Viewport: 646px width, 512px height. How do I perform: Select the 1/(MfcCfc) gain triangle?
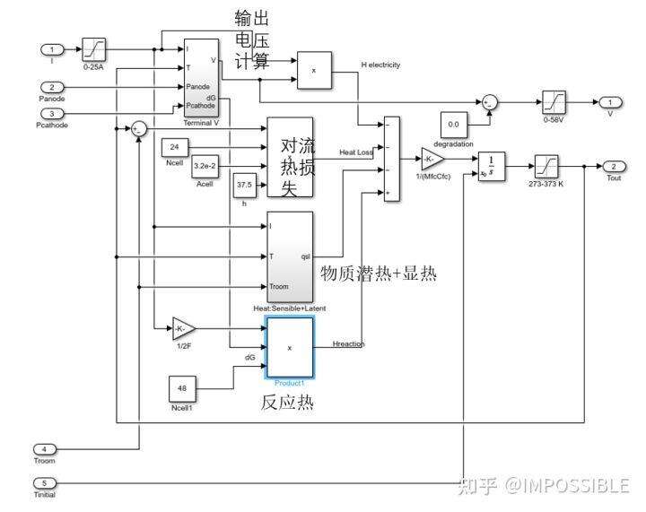point(432,161)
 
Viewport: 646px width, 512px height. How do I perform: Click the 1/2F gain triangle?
point(184,330)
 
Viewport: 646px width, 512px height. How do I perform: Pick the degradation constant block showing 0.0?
point(453,125)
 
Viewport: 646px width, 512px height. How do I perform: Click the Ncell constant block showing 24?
point(174,146)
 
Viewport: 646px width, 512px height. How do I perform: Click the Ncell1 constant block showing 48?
point(182,390)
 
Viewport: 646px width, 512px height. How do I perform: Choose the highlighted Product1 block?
point(290,348)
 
